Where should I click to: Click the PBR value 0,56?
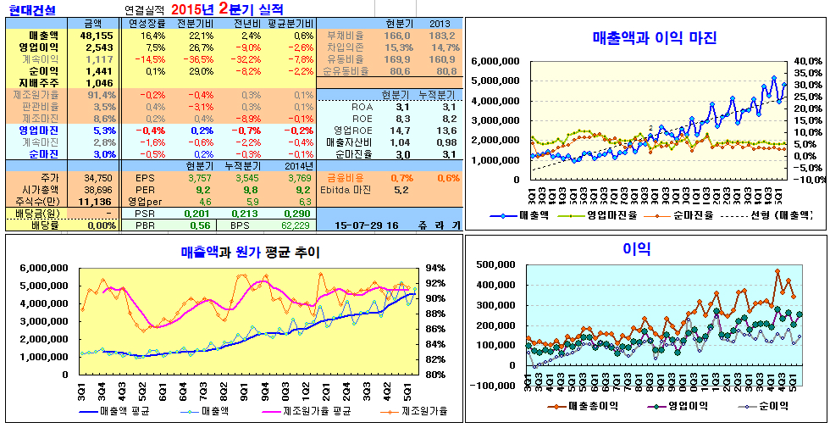coord(200,225)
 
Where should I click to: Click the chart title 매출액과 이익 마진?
coord(655,38)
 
